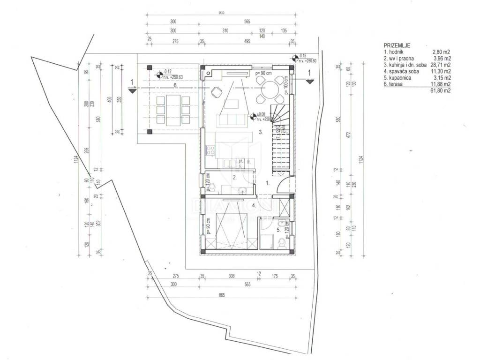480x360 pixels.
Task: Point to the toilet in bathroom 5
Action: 282,242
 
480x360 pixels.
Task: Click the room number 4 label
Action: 254,205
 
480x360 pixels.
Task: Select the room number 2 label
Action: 235,177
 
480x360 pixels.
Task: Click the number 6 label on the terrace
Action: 174,85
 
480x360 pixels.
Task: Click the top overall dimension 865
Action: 221,13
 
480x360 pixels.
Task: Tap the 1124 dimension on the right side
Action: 360,159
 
